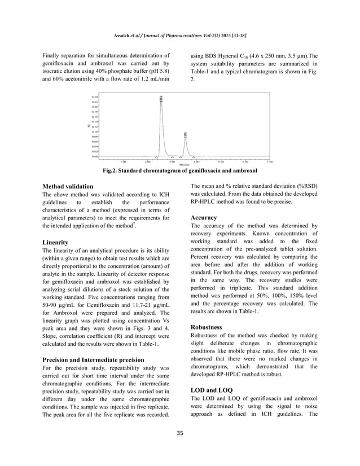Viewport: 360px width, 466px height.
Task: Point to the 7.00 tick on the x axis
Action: [x=270, y=161]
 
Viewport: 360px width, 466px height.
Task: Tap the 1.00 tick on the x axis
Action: [x=123, y=161]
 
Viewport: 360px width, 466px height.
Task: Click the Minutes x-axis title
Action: [x=184, y=164]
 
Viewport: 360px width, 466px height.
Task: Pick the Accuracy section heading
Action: [x=204, y=217]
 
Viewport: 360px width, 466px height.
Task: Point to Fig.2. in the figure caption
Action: [x=111, y=170]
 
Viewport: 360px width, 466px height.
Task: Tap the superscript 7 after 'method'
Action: [x=133, y=223]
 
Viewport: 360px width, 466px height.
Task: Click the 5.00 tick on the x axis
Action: [x=221, y=161]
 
